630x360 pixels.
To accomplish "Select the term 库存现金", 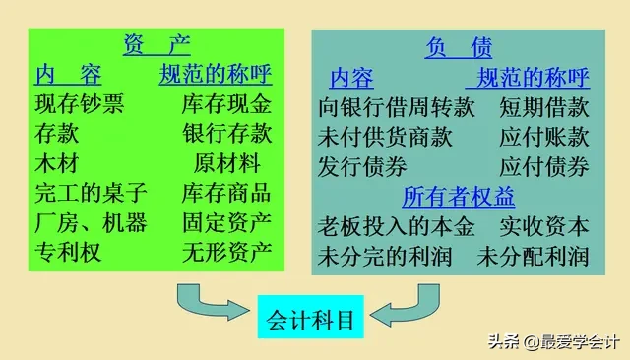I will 226,104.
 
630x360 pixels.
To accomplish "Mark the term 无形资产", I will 226,252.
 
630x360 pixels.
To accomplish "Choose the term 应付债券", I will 544,166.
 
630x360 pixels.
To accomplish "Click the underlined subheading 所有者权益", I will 459,197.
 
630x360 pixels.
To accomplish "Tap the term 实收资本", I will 544,227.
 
